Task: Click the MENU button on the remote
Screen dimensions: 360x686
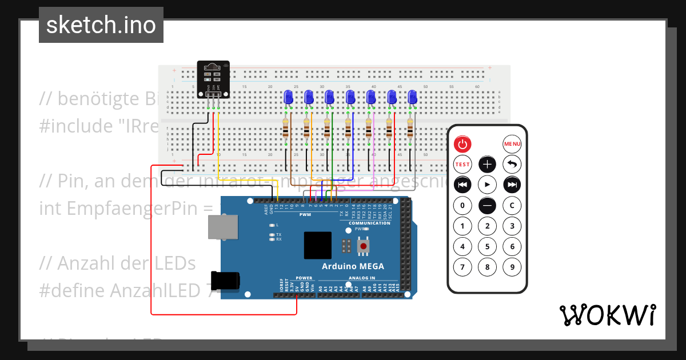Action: (512, 144)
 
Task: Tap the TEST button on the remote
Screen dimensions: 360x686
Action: (462, 165)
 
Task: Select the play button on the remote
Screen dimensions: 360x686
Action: (487, 185)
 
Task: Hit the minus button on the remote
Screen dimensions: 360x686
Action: (487, 205)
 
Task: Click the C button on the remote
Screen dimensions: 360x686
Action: (512, 205)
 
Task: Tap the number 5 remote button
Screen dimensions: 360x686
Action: (487, 246)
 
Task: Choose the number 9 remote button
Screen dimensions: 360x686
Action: (512, 267)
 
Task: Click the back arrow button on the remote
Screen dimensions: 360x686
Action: (512, 165)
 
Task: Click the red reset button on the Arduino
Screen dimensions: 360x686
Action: (363, 246)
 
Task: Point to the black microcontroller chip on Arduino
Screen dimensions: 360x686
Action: (318, 246)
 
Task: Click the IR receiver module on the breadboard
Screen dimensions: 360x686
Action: (213, 79)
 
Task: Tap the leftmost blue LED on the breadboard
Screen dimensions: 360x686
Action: (288, 98)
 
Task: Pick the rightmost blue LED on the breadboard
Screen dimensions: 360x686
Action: (412, 98)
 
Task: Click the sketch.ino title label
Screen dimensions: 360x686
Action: (101, 25)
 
